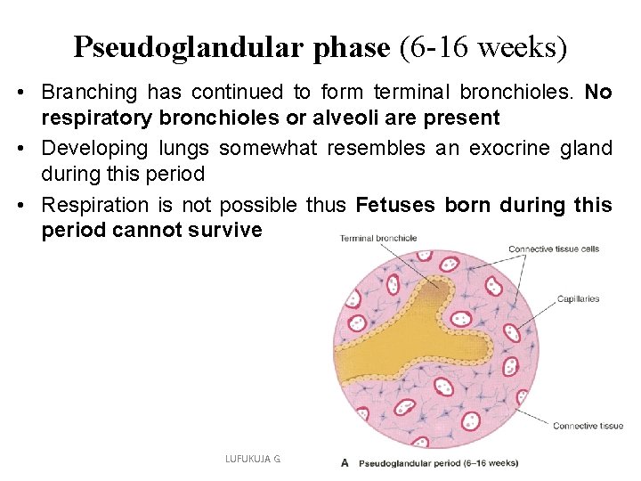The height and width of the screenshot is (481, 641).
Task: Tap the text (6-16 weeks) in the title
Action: tap(483, 46)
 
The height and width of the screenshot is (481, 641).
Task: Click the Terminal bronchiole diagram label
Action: tap(378, 238)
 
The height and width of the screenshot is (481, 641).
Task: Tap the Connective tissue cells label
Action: tap(553, 249)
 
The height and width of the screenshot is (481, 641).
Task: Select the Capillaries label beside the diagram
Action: tap(578, 299)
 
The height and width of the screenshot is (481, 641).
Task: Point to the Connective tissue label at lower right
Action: tap(588, 426)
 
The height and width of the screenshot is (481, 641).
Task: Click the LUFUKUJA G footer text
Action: tap(252, 459)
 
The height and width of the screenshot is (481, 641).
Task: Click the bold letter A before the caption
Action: tap(344, 462)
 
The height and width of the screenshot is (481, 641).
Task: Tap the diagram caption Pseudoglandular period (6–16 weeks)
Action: tap(438, 462)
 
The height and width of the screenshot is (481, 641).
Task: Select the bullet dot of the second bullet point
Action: tap(29, 149)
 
